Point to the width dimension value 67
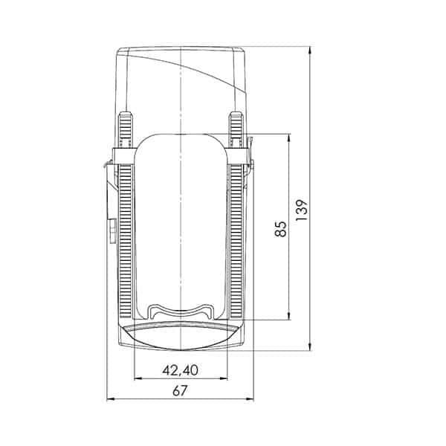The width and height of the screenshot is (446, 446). [x=180, y=392]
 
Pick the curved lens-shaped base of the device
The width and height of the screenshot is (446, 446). [x=181, y=337]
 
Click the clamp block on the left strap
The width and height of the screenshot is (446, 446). [x=123, y=157]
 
